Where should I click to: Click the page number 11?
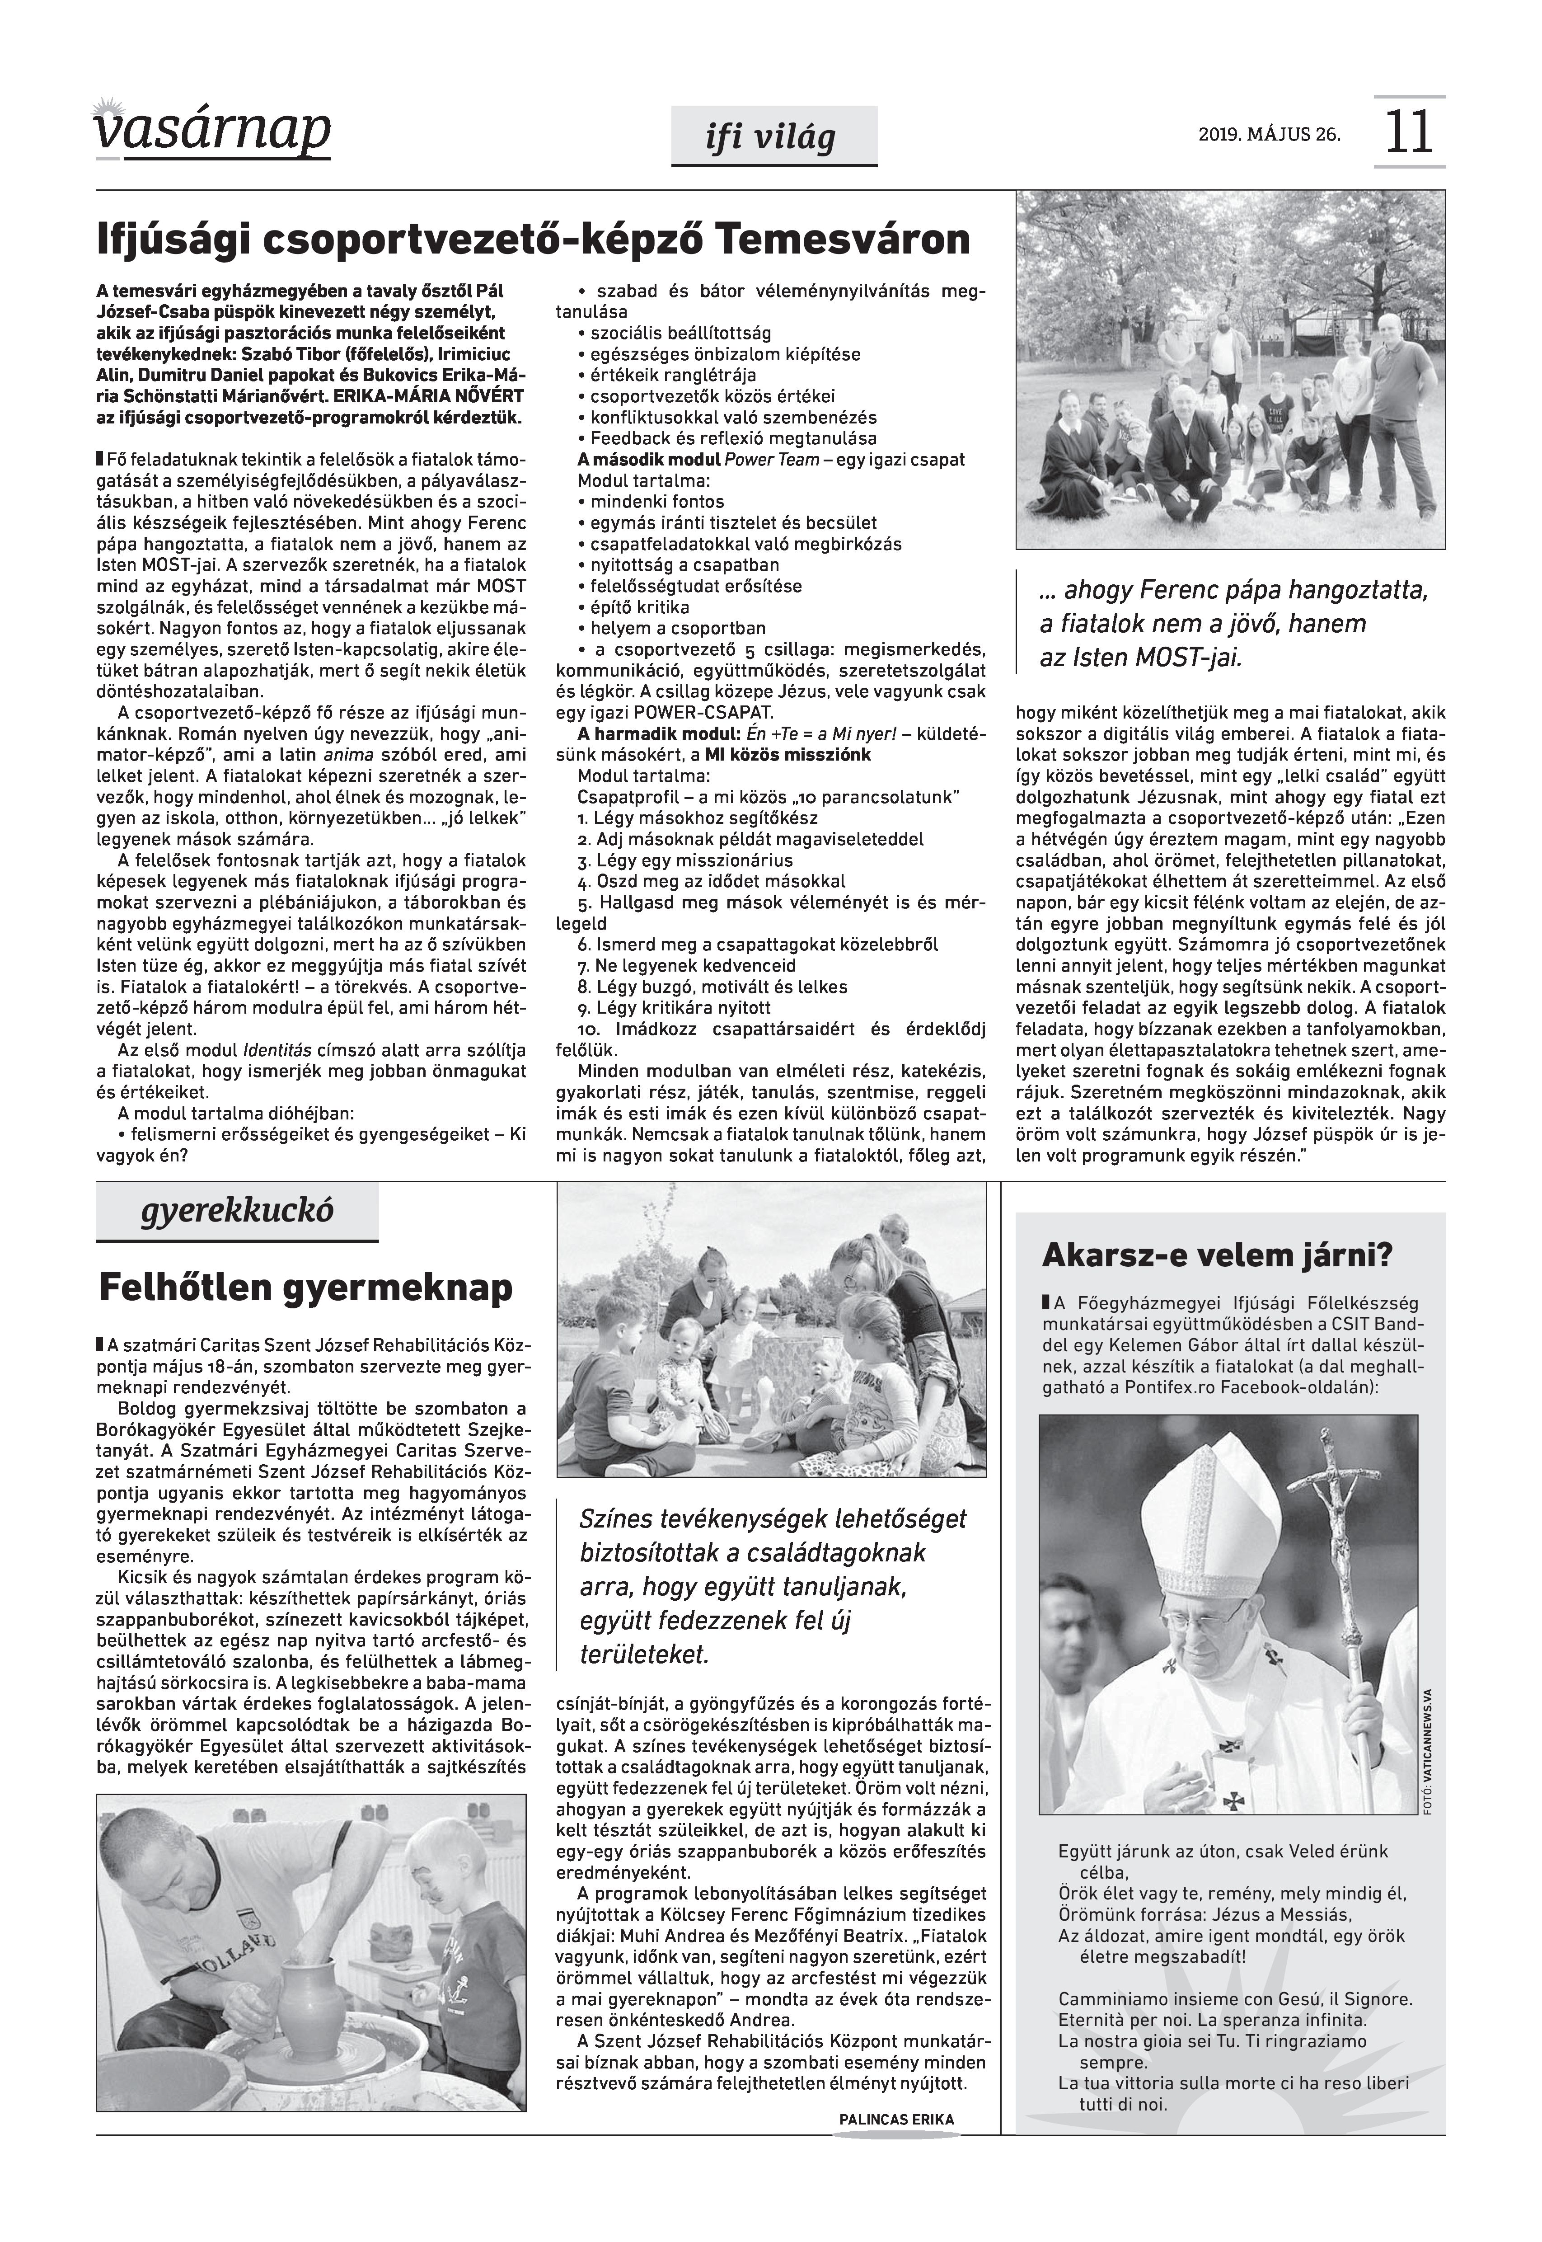click(1409, 132)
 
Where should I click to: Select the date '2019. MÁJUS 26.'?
click(1269, 134)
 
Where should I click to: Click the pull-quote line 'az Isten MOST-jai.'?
click(1140, 658)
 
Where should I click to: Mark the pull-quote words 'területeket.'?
click(644, 1654)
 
